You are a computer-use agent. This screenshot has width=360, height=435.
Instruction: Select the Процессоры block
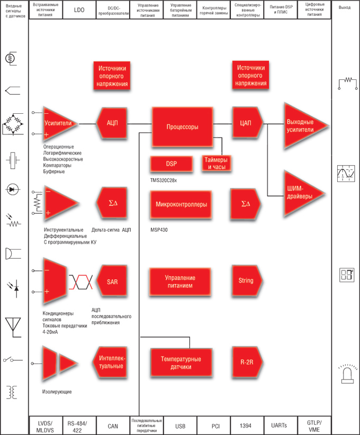182,127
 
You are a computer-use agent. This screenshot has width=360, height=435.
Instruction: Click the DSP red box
171,164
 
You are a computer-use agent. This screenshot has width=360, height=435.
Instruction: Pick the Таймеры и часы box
215,163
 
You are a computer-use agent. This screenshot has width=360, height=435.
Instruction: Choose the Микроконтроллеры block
182,205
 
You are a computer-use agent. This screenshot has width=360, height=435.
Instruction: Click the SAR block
112,281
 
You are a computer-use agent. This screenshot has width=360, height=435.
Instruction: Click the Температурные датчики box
182,362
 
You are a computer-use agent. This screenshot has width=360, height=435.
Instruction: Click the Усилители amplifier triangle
59,123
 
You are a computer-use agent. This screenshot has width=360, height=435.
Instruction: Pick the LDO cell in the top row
79,10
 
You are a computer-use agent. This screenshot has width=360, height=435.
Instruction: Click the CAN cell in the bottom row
113,425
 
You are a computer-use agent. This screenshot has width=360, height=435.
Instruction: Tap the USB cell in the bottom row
181,425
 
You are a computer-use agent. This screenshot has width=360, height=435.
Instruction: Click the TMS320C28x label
164,180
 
